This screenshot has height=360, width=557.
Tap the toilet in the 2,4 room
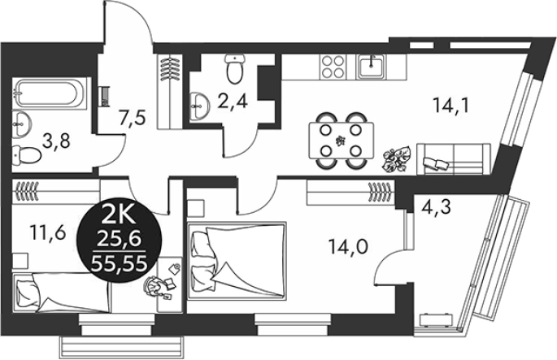(235, 68)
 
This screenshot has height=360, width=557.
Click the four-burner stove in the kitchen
(333, 67)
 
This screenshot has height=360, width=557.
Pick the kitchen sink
(372, 67)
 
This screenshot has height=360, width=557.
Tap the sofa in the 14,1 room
(454, 158)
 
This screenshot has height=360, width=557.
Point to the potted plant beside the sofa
(397, 159)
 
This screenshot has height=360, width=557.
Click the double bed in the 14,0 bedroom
(237, 261)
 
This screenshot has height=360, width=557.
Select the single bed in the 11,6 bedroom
(61, 293)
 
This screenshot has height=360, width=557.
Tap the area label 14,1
(451, 105)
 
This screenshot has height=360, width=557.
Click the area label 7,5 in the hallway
(133, 118)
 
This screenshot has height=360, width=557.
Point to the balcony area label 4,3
(437, 207)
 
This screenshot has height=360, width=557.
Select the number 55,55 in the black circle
(119, 263)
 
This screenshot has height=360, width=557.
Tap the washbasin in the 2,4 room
(199, 106)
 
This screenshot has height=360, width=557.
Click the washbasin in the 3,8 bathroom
(22, 124)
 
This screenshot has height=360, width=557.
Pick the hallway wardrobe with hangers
(169, 91)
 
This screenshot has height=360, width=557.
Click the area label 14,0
(348, 247)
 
